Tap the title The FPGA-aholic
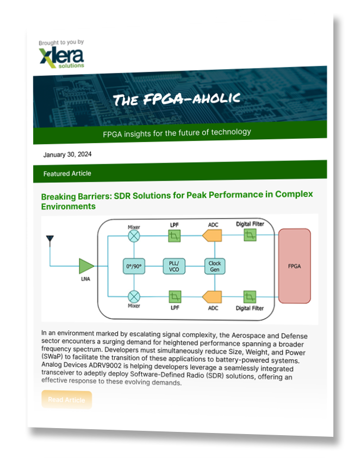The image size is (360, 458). point(176,100)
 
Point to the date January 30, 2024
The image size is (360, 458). point(67,154)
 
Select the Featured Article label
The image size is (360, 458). point(67,174)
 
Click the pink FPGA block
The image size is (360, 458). point(294,267)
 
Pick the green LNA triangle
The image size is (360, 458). point(86,266)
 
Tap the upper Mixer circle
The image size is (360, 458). point(133,236)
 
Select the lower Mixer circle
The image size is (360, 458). point(133,296)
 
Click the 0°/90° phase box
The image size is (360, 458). point(133,266)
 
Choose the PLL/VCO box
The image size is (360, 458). point(174,266)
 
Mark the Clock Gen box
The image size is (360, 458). point(215,266)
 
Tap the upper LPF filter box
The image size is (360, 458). point(174,236)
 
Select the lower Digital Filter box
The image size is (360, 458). point(250,296)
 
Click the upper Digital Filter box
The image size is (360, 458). point(250,235)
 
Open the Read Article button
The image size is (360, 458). point(66,400)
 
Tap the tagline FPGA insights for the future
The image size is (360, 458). point(177,132)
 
